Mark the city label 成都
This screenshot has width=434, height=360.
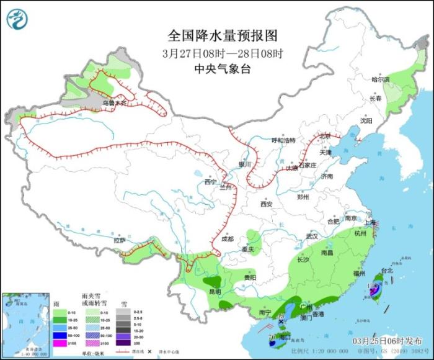pyautogui.click(x=227, y=239)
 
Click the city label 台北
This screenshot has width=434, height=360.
pyautogui.click(x=386, y=271)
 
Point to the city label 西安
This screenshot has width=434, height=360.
pyautogui.click(x=267, y=204)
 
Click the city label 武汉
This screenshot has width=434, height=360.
pyautogui.click(x=311, y=236)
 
